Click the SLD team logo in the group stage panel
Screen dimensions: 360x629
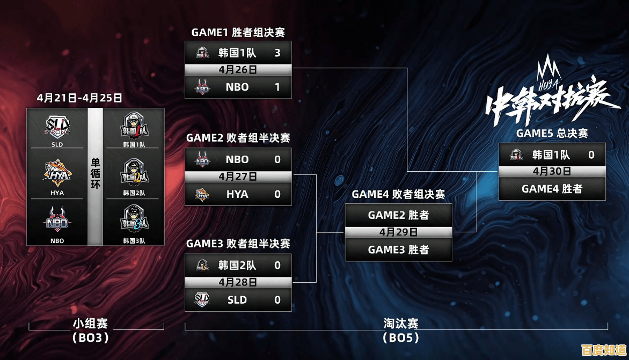[x=57, y=127]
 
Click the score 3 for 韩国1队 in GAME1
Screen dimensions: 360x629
[x=277, y=53]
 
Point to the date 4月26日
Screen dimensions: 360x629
[x=238, y=70]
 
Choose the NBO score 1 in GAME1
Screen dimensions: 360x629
[x=277, y=87]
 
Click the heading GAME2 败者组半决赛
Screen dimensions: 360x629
[x=238, y=138]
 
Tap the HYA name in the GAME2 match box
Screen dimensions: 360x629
[x=237, y=194]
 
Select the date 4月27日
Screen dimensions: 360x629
[x=238, y=177]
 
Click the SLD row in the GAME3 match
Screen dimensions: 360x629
[x=238, y=299]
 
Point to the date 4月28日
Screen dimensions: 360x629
[x=238, y=282]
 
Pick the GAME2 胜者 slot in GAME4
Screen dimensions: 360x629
[x=398, y=215]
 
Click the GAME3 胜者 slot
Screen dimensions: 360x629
[x=398, y=249]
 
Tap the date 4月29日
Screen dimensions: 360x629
[x=398, y=232]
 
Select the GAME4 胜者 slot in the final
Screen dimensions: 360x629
[x=552, y=189]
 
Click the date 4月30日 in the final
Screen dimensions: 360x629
[x=552, y=172]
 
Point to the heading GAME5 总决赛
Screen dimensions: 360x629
[x=552, y=133]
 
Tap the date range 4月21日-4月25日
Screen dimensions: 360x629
[x=79, y=98]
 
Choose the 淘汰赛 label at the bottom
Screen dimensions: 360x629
[x=400, y=324]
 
